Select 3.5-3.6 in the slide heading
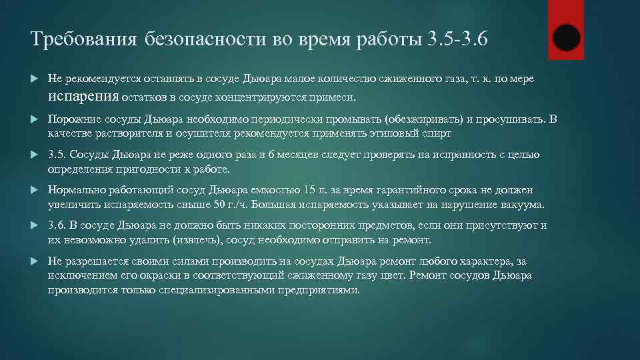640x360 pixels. [x=457, y=39]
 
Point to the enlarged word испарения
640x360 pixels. [x=83, y=97]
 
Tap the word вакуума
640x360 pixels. [x=521, y=204]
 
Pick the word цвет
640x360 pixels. [x=393, y=275]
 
